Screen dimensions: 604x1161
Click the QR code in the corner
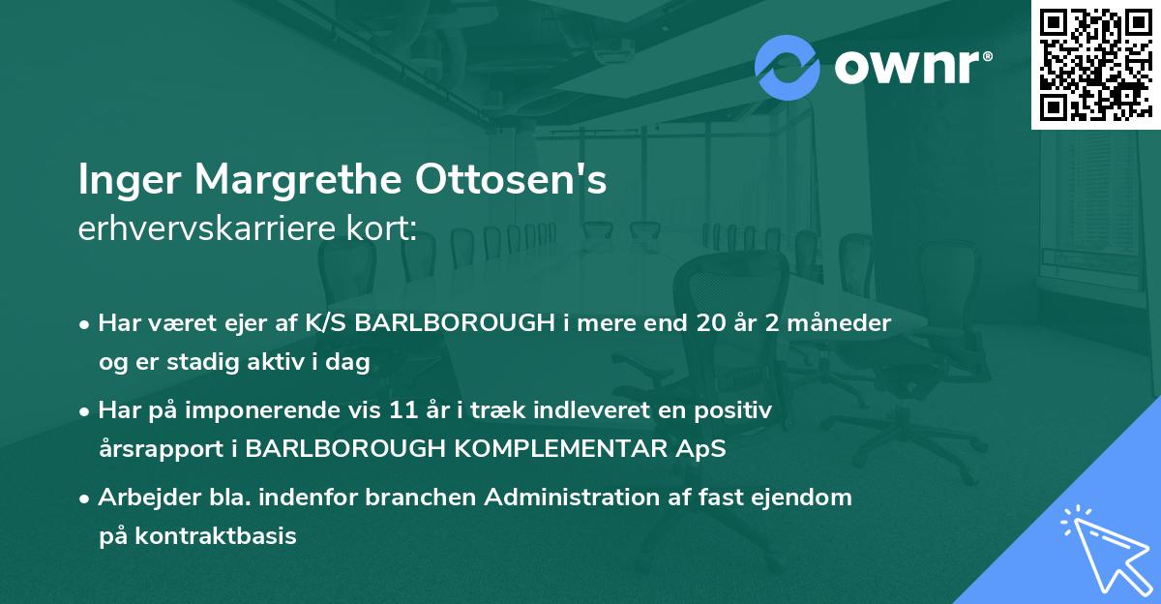click(x=1095, y=64)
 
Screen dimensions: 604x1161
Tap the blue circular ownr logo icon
click(x=787, y=68)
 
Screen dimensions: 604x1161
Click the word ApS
click(x=700, y=449)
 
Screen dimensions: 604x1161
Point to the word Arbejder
click(x=141, y=498)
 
